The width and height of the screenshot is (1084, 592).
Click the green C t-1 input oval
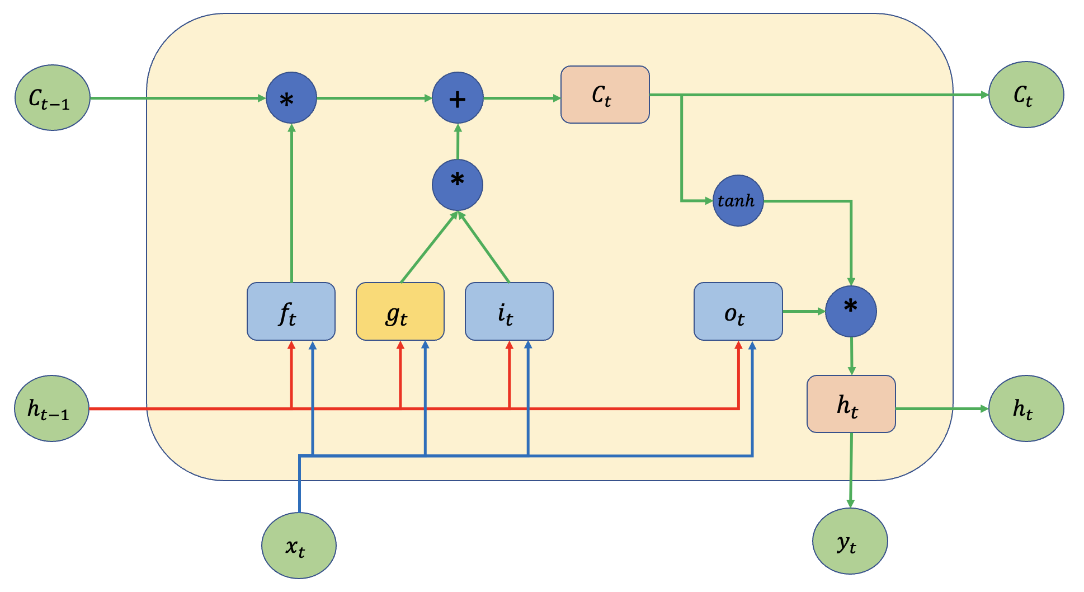coord(52,98)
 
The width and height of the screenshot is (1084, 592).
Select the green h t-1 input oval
coord(51,408)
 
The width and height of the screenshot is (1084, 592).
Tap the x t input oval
coord(299,546)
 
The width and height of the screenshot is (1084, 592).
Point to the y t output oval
coord(850,541)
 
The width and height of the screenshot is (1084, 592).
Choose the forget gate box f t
coord(291,312)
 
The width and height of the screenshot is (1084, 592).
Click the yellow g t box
coord(400,312)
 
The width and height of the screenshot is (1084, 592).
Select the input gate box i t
coord(509,312)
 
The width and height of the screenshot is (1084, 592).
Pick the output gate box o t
coord(738,312)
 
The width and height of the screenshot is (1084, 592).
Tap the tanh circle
coord(738,201)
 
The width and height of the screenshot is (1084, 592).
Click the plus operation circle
coord(458,98)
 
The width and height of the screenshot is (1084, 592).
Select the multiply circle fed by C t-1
coord(291,98)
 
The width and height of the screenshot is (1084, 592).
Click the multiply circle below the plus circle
coord(458,185)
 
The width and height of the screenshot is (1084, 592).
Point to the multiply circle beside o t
coord(851,312)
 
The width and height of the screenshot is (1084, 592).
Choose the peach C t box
coord(605,95)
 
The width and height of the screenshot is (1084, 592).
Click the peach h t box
coord(851,404)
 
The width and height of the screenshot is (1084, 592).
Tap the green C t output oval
coord(1026,95)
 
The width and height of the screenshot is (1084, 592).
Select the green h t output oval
coord(1026,408)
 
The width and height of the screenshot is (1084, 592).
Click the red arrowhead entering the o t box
coord(738,345)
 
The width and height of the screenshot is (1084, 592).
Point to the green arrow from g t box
coord(428,248)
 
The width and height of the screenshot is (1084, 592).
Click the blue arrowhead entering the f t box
coord(313,345)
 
